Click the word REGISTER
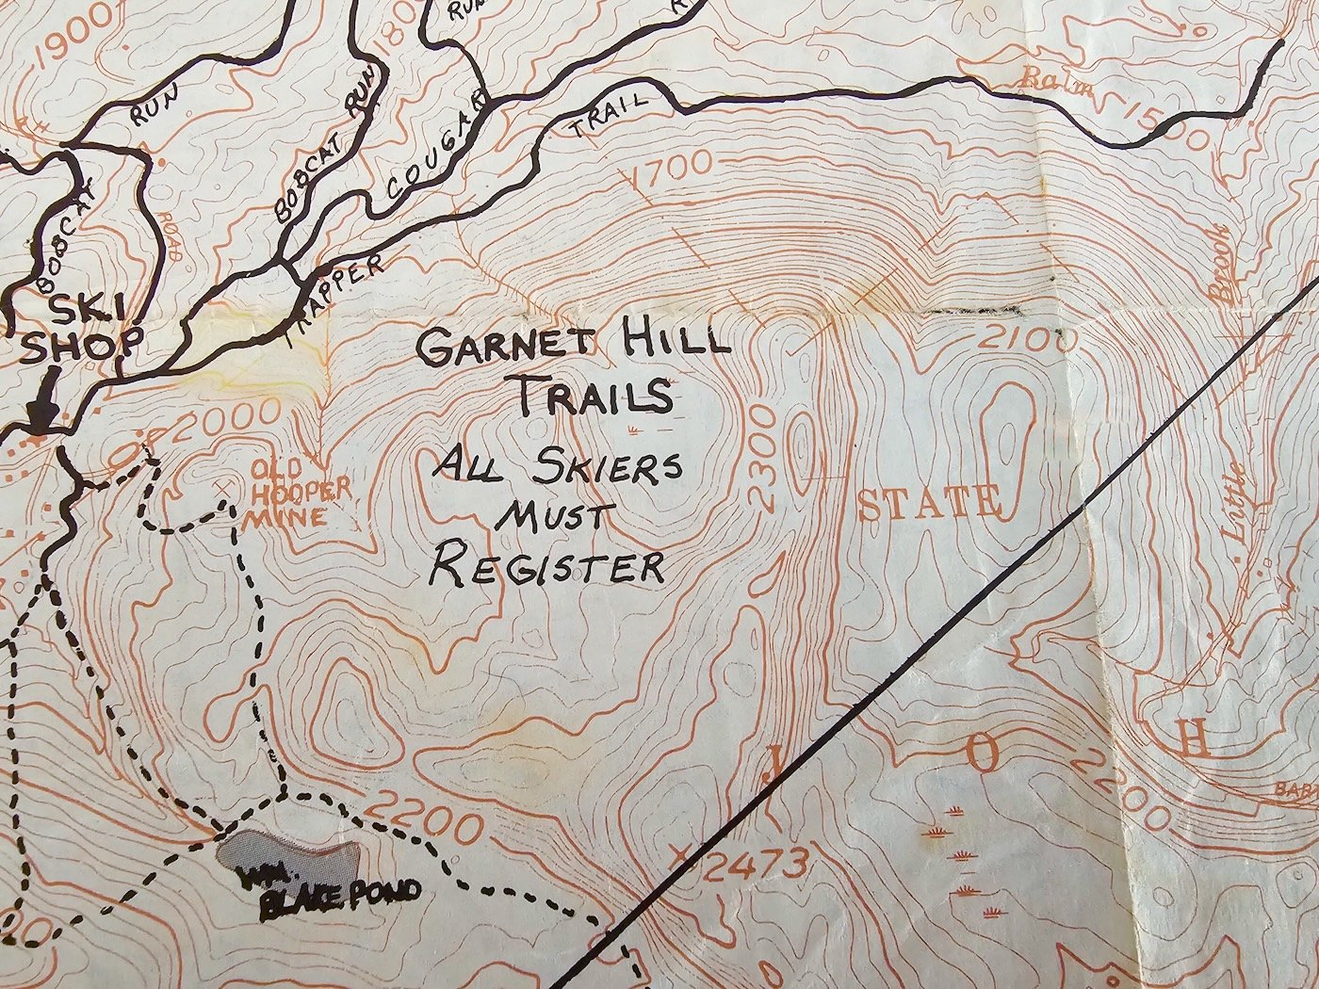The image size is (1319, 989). coord(546,567)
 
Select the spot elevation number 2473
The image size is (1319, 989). coord(755,862)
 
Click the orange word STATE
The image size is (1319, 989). coord(929,503)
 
